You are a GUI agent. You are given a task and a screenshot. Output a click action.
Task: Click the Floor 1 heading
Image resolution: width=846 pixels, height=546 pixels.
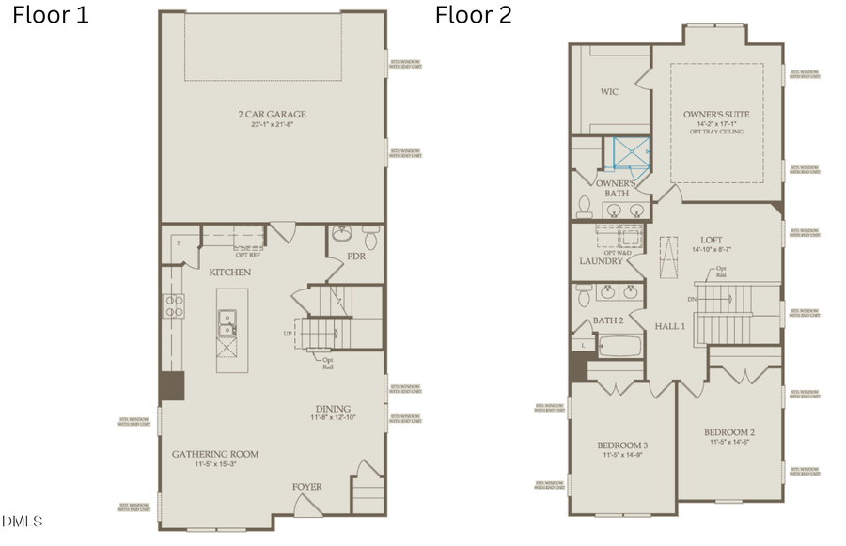click(51, 16)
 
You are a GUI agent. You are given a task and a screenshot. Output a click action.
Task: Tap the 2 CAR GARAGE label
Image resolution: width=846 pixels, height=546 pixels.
click(272, 115)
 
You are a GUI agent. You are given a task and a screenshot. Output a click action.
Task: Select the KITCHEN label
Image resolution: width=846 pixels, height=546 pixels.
click(230, 272)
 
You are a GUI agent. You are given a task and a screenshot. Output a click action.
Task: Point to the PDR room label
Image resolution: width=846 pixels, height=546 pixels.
click(356, 256)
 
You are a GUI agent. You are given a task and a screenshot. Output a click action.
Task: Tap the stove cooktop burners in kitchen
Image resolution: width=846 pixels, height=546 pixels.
click(174, 304)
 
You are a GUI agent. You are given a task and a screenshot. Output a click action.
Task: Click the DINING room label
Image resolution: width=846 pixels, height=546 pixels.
click(333, 409)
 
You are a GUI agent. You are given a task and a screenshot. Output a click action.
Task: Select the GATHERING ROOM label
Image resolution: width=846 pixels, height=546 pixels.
click(215, 454)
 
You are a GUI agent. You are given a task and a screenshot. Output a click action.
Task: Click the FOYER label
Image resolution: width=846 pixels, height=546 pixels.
click(306, 487)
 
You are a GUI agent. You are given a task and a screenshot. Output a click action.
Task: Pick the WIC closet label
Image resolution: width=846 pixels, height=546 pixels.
click(609, 92)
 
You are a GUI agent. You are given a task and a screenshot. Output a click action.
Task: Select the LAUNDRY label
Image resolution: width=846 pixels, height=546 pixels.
click(602, 261)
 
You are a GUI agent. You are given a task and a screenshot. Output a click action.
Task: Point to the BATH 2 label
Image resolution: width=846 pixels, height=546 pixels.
click(608, 320)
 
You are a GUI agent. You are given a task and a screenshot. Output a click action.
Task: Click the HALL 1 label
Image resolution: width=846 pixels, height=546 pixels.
click(669, 325)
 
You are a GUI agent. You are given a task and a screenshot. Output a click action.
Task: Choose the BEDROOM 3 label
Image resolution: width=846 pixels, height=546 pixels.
click(622, 445)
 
